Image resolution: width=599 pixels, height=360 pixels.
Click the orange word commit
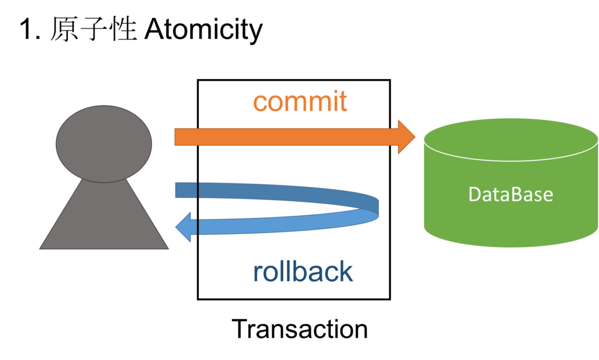[x=300, y=102]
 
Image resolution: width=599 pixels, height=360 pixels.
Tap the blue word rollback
[x=303, y=272]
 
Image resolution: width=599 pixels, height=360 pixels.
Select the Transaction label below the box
[x=299, y=329]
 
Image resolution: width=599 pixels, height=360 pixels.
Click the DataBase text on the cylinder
[x=511, y=194]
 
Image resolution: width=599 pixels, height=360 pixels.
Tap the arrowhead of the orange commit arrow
[x=407, y=137]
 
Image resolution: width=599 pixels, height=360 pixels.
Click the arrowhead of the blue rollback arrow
[x=183, y=227]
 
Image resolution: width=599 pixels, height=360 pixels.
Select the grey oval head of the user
[x=104, y=144]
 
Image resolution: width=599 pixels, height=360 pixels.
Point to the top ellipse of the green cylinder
[x=511, y=140]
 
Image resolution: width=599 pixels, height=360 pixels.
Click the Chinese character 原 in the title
[x=64, y=29]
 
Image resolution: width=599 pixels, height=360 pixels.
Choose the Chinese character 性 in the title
[x=123, y=29]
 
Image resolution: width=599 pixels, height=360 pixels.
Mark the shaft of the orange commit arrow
[x=287, y=137]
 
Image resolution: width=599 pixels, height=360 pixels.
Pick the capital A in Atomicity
[x=154, y=29]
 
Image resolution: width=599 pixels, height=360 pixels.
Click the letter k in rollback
[x=346, y=272]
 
